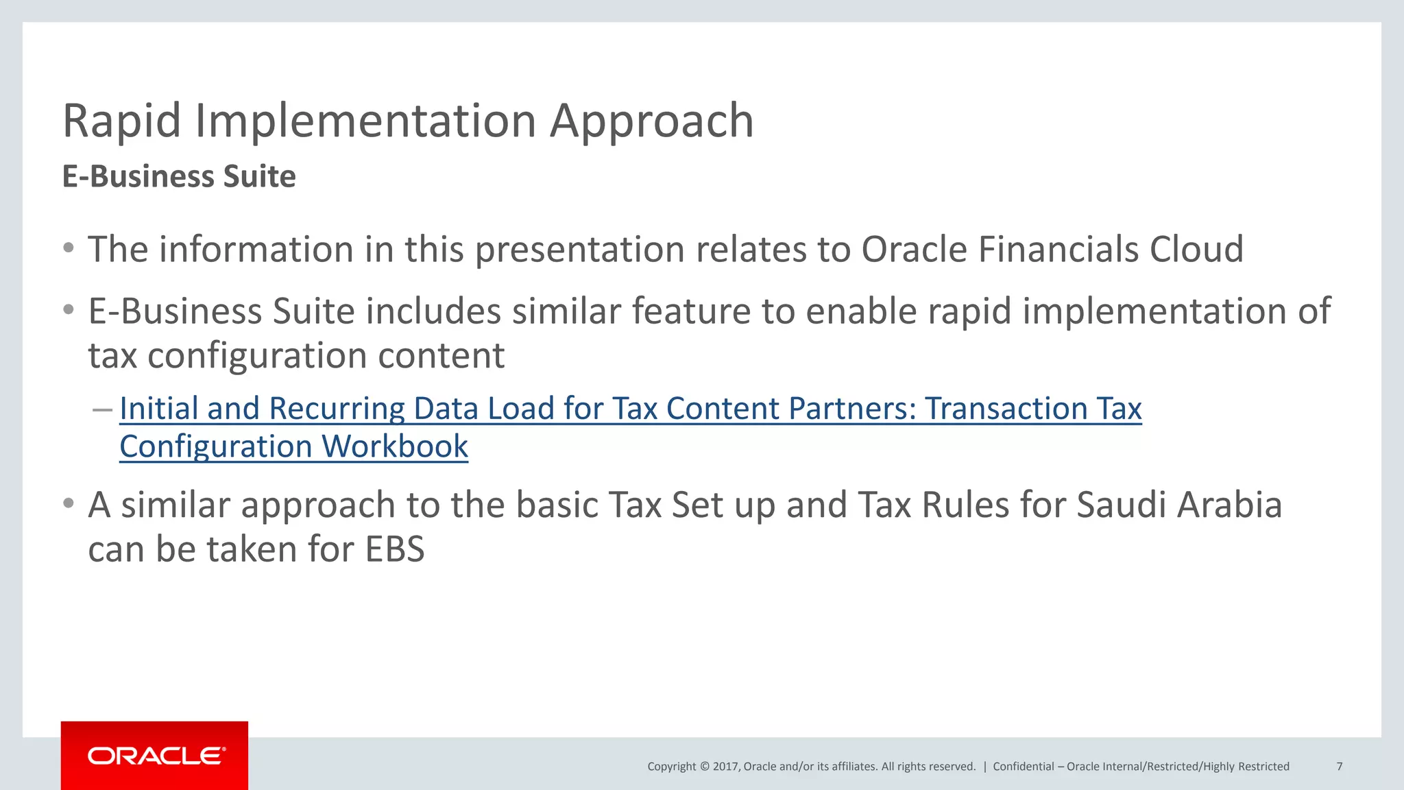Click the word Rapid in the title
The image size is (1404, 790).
pyautogui.click(x=121, y=121)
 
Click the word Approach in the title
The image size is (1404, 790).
pyautogui.click(x=651, y=121)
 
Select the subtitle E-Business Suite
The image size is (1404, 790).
pyautogui.click(x=179, y=177)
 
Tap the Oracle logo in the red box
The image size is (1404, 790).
pyautogui.click(x=155, y=756)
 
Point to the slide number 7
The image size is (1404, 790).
pyautogui.click(x=1339, y=767)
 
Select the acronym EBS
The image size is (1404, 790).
pyautogui.click(x=395, y=550)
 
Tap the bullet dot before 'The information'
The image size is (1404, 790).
pyautogui.click(x=69, y=248)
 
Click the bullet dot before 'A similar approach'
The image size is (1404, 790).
pyautogui.click(x=69, y=504)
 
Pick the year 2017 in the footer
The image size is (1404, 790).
pyautogui.click(x=725, y=767)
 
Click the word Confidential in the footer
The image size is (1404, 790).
pyautogui.click(x=1023, y=767)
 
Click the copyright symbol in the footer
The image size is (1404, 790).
pyautogui.click(x=704, y=767)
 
